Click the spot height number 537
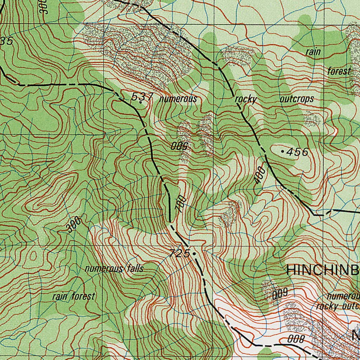coord(142,96)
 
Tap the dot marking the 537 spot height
coord(141,103)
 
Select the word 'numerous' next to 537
coord(178,99)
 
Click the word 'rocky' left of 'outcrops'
coord(246,99)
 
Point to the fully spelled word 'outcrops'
coord(296,99)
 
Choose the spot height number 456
coord(297,152)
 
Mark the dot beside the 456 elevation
coord(283,151)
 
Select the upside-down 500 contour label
coord(181,146)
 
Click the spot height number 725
coord(180,253)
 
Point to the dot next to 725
coord(194,253)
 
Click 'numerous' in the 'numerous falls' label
coord(103,269)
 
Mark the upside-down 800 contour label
coord(295,339)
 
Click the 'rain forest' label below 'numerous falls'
coord(73,296)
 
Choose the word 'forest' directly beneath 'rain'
coord(339,71)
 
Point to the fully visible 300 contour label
coord(74,225)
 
